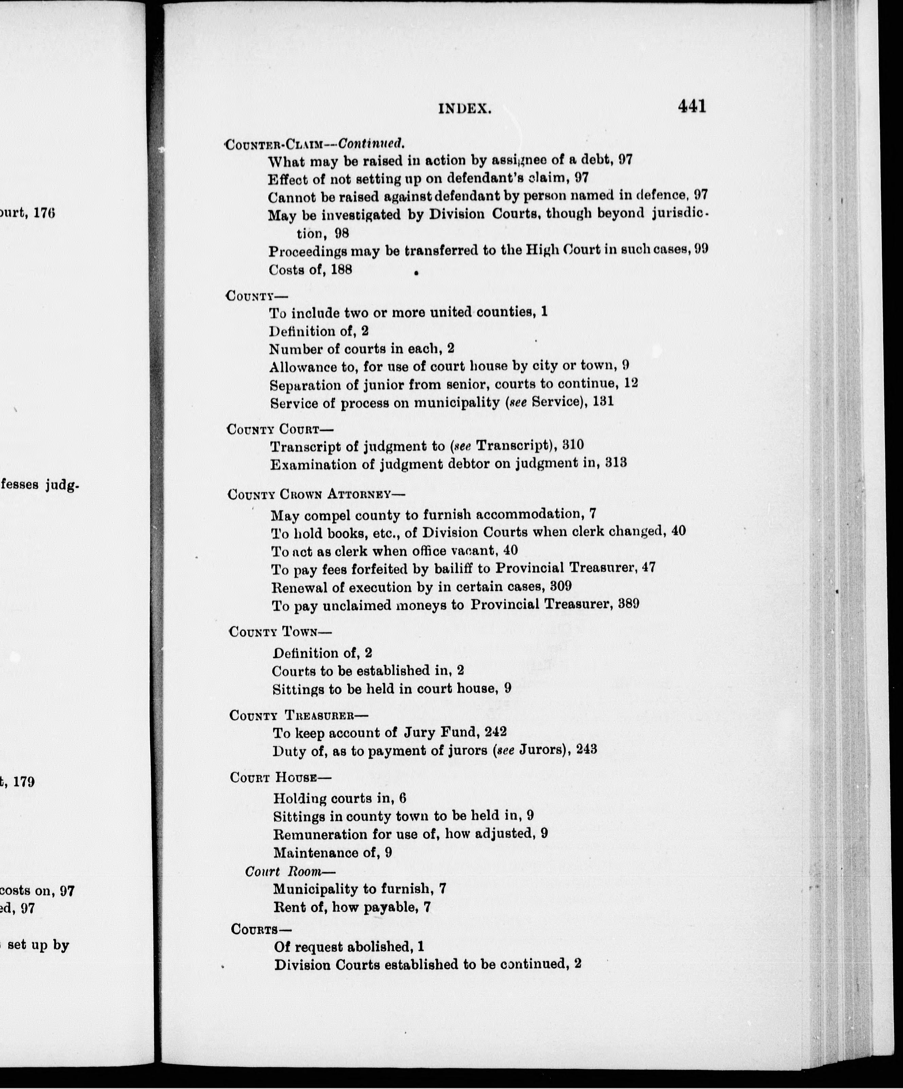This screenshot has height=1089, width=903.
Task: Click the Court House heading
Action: pyautogui.click(x=280, y=777)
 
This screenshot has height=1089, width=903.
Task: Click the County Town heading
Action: pyautogui.click(x=280, y=632)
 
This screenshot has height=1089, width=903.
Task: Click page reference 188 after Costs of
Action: pyautogui.click(x=341, y=270)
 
